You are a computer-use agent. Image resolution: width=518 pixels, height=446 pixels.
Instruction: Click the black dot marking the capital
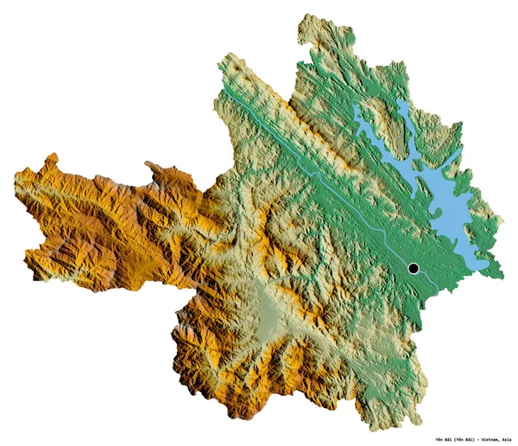click(414, 268)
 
